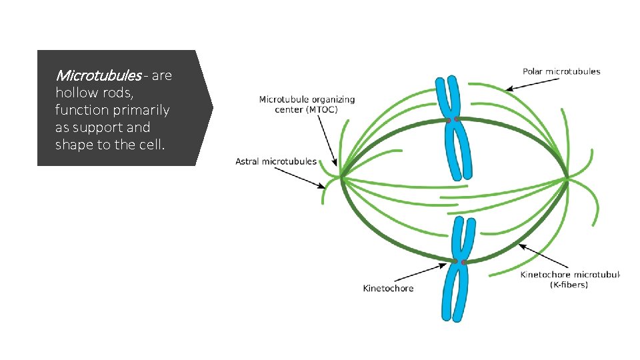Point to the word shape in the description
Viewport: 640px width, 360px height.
[x=75, y=145]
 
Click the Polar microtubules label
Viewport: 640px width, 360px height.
[x=561, y=71]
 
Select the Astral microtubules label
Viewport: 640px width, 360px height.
[x=276, y=161]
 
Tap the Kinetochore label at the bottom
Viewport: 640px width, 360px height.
[x=388, y=288]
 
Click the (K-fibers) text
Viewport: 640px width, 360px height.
[x=569, y=285]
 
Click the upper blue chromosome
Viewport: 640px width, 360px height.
[x=453, y=127]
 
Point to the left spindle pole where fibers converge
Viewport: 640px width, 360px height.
[x=341, y=177]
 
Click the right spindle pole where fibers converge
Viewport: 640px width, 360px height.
[x=567, y=179]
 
